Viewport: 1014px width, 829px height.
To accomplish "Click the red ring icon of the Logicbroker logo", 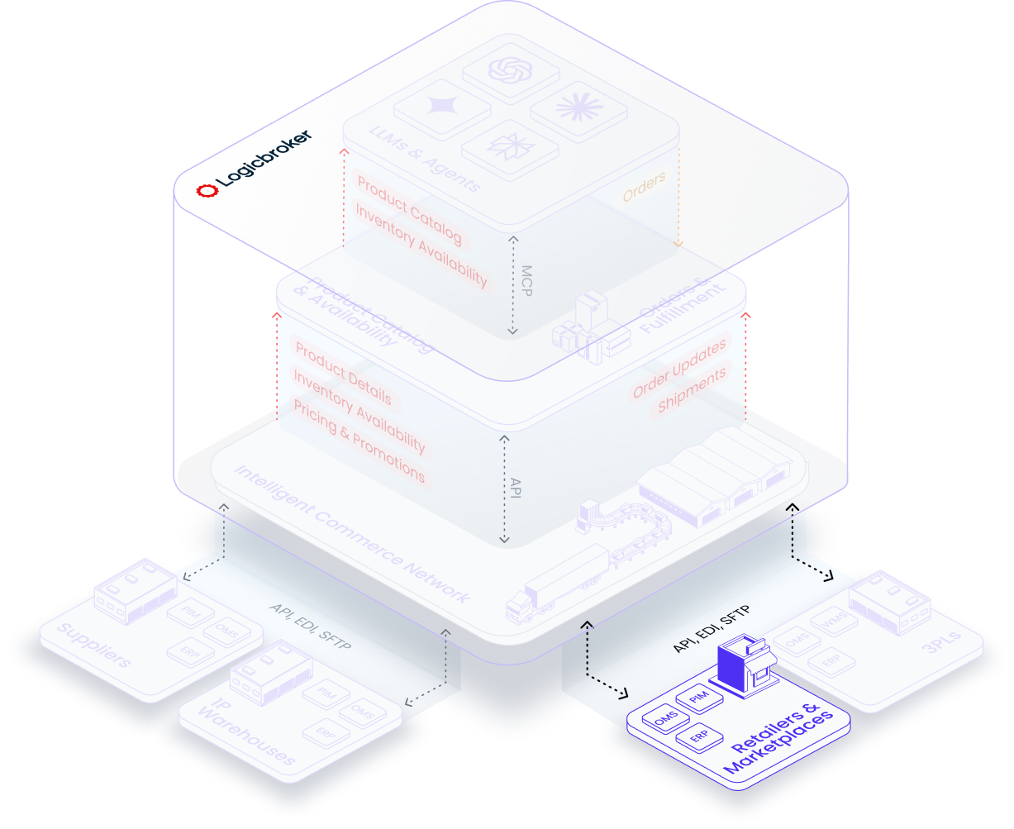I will point(207,190).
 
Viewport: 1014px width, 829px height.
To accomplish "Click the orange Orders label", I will point(644,187).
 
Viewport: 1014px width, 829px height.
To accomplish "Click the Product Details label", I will point(343,374).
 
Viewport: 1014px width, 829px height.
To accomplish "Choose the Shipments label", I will point(692,390).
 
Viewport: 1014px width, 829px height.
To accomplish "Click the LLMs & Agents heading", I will point(425,157).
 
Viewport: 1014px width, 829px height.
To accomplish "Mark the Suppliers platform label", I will point(95,647).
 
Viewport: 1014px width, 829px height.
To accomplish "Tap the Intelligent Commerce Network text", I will point(352,536).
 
